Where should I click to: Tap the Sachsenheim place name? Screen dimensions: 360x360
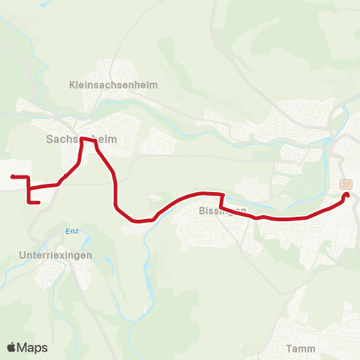(73, 139)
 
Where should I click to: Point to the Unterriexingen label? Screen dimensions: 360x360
(55, 255)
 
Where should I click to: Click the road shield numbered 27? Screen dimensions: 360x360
(345, 184)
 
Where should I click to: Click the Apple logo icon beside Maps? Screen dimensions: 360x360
(12, 347)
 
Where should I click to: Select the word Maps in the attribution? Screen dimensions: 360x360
(33, 348)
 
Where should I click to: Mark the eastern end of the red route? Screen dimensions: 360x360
(346, 196)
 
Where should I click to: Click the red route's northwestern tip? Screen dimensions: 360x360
(13, 176)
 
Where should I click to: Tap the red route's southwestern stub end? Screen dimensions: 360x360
(37, 202)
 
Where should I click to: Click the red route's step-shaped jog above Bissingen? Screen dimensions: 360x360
(220, 202)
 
